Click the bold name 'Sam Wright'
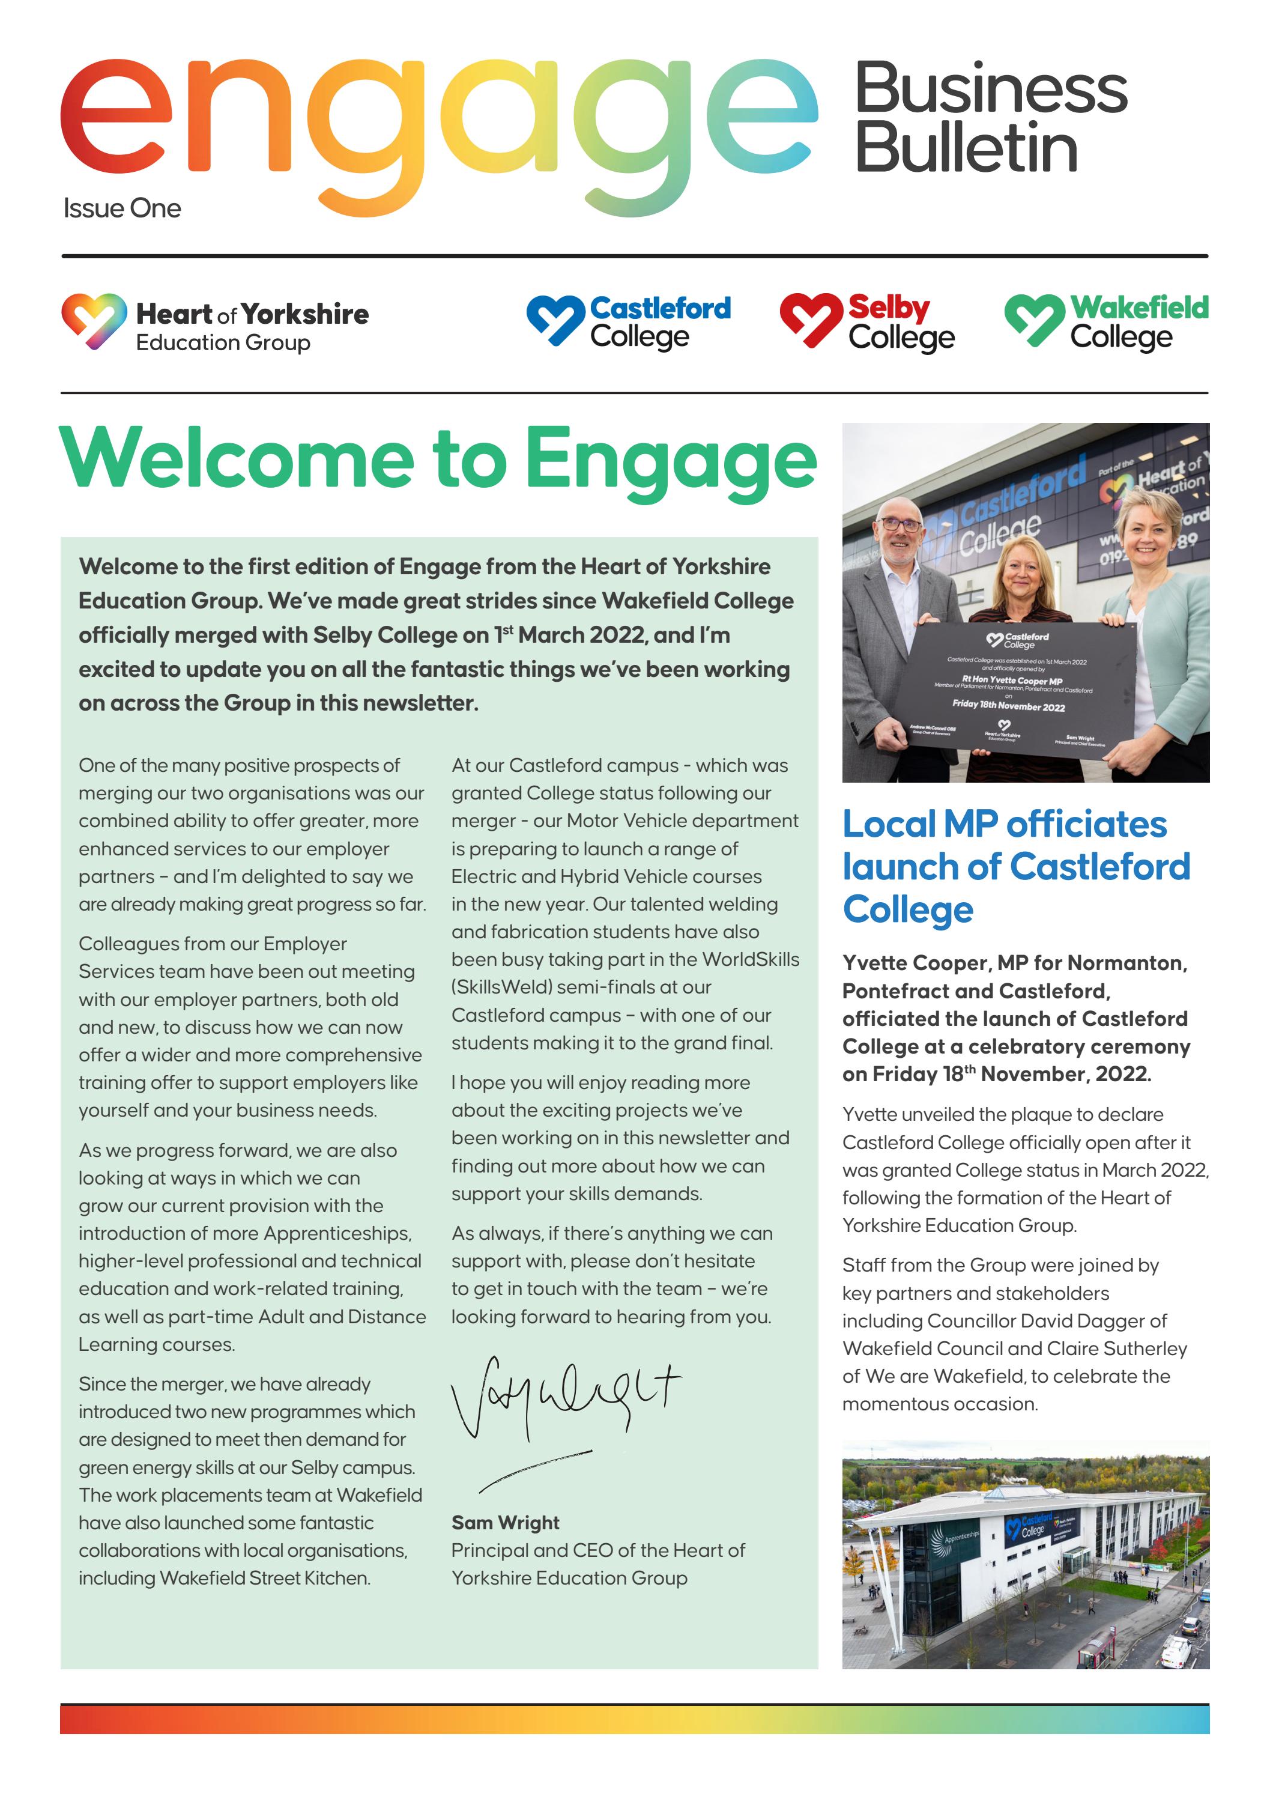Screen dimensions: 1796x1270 [505, 1522]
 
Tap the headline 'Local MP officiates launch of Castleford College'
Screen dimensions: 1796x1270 [1015, 867]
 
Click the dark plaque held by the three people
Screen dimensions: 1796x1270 [1024, 688]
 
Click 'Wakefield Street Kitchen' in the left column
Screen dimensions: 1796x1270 [264, 1578]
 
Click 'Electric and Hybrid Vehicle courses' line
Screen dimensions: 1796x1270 [606, 876]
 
